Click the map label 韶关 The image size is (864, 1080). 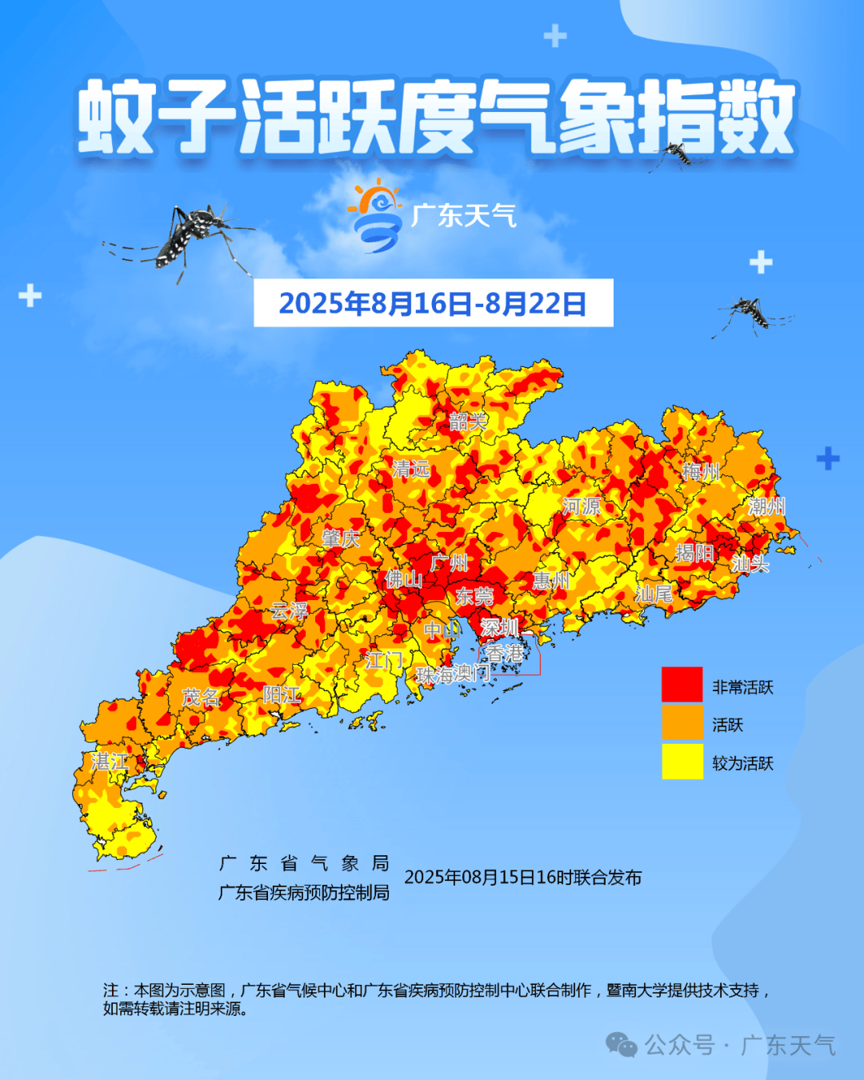[x=468, y=422]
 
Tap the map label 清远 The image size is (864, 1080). [x=411, y=469]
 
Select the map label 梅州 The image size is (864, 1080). [x=701, y=472]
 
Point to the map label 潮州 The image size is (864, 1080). [x=766, y=506]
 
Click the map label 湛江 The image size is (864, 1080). [x=110, y=762]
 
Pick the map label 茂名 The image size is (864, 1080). [x=201, y=698]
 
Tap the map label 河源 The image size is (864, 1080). [x=582, y=506]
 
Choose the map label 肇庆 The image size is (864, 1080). [x=341, y=538]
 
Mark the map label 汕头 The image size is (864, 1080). [x=750, y=564]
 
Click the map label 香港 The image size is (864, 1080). [x=505, y=654]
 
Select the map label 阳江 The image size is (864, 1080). [x=282, y=695]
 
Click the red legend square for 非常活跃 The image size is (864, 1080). [x=682, y=686]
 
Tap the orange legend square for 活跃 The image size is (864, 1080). [x=682, y=723]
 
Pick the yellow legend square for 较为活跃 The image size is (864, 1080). [x=682, y=762]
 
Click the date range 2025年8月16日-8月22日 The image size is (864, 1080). [x=433, y=304]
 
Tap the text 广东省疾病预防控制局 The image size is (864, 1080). [x=304, y=893]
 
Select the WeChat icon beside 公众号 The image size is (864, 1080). [x=622, y=1044]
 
